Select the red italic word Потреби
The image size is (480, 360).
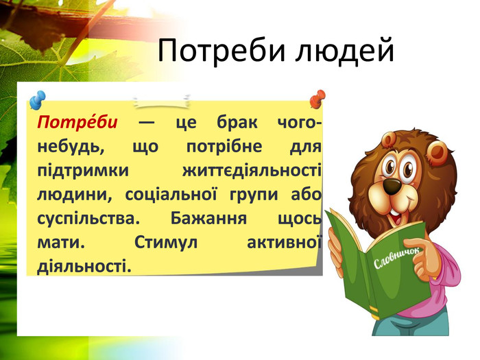pyautogui.click(x=77, y=122)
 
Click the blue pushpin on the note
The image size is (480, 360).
pyautogui.click(x=38, y=100)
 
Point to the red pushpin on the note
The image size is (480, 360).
pyautogui.click(x=317, y=99)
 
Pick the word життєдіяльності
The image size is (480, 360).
pyautogui.click(x=252, y=170)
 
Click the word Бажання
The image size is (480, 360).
pyautogui.click(x=208, y=219)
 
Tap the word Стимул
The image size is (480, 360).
pyautogui.click(x=166, y=243)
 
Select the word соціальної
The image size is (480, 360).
pyautogui.click(x=171, y=194)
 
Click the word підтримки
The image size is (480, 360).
pyautogui.click(x=83, y=171)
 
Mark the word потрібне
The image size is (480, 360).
pyautogui.click(x=224, y=146)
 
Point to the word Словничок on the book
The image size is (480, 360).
pyautogui.click(x=396, y=258)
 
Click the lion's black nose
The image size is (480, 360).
pyautogui.click(x=392, y=185)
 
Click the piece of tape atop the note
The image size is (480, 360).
pyautogui.click(x=161, y=101)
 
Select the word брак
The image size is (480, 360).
pyautogui.click(x=237, y=122)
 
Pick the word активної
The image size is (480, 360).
pyautogui.click(x=285, y=243)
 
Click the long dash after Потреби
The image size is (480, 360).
pyautogui.click(x=147, y=123)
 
